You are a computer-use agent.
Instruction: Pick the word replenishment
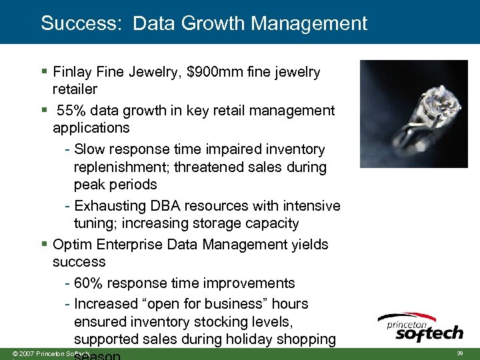[117, 167]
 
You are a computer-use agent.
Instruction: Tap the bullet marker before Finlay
[43, 71]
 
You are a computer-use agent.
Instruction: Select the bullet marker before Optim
[43, 245]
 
